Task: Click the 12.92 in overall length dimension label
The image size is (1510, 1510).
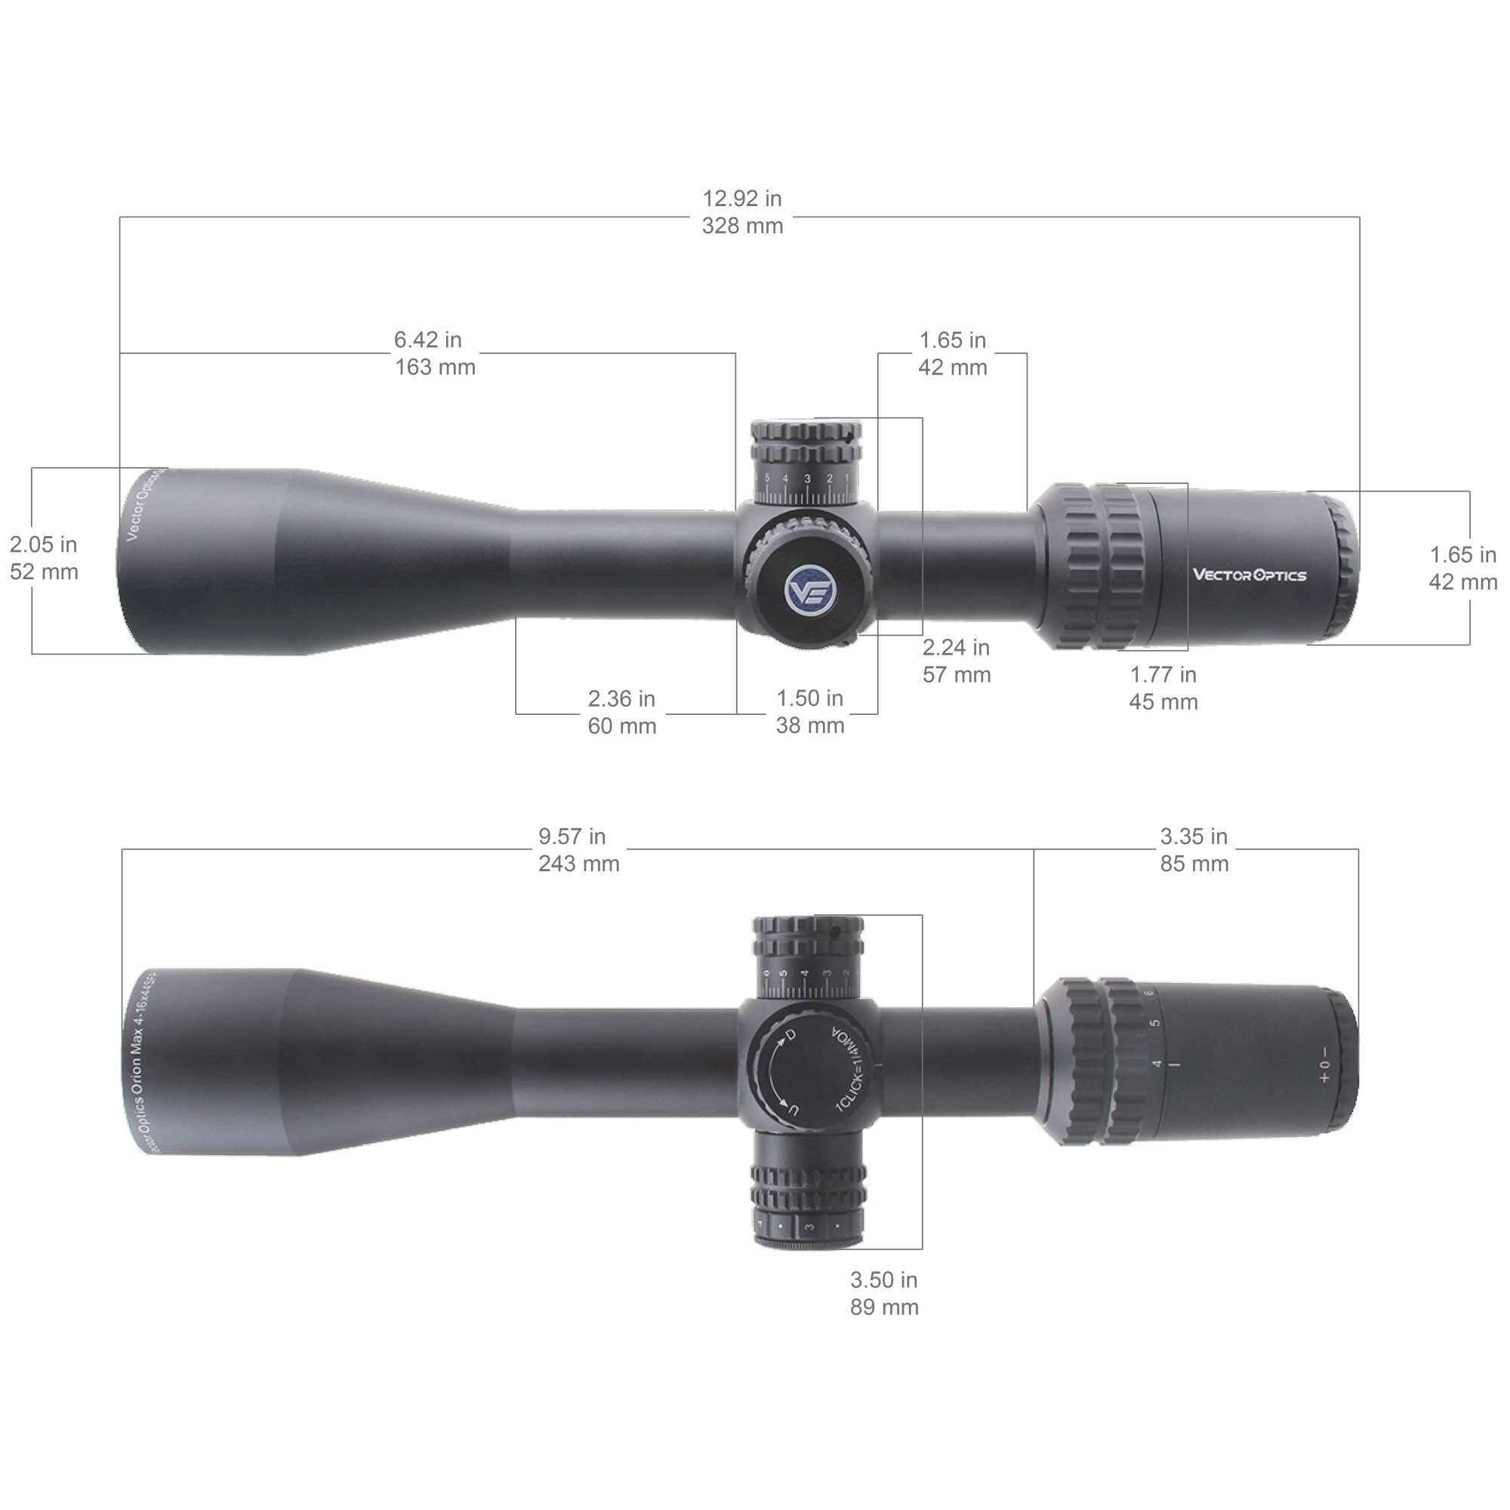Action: click(741, 213)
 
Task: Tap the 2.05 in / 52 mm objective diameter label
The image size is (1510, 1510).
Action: click(44, 558)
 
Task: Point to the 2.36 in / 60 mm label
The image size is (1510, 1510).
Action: click(621, 712)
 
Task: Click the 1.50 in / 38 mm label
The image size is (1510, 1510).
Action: click(809, 711)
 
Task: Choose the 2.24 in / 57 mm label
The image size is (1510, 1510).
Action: click(956, 661)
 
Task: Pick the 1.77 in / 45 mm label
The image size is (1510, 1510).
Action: click(1163, 688)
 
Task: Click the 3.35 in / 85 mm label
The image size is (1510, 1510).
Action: click(1194, 849)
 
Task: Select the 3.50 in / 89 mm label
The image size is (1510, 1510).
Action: click(884, 1293)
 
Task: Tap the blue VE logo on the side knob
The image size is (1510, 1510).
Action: click(805, 587)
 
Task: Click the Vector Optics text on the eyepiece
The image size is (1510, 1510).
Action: click(1249, 575)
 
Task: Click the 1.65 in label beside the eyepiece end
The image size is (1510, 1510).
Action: click(1462, 569)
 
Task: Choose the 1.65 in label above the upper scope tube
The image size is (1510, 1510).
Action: click(952, 353)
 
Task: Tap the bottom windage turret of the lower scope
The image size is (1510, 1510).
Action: click(809, 1207)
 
